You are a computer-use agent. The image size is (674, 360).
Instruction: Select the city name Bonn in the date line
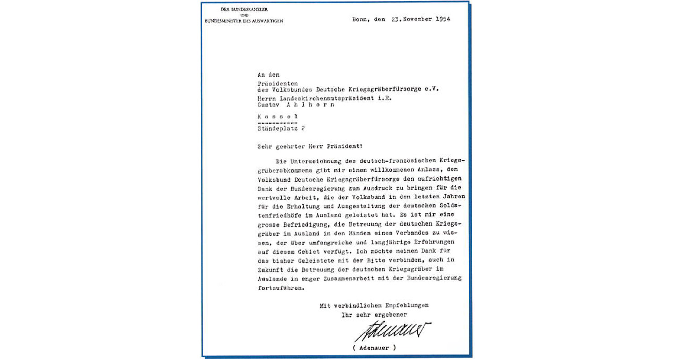pos(360,20)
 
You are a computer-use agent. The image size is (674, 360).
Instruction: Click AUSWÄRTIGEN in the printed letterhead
pos(269,21)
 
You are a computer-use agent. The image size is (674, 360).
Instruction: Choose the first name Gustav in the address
pos(269,105)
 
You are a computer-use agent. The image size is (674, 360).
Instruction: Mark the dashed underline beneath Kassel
pos(277,123)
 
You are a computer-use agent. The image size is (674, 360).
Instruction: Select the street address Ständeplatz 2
pos(280,129)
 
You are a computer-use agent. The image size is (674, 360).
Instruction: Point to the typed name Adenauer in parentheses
pos(374,348)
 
